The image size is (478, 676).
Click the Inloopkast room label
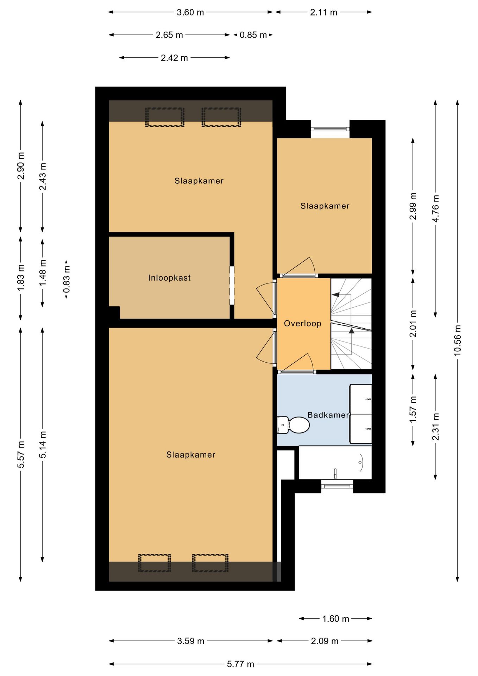pyautogui.click(x=169, y=278)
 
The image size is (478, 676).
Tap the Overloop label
pyautogui.click(x=303, y=324)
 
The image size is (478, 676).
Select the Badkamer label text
pyautogui.click(x=328, y=415)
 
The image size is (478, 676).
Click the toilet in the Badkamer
pyautogui.click(x=293, y=425)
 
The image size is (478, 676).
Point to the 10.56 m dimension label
pyautogui.click(x=457, y=340)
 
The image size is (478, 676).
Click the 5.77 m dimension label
pyautogui.click(x=240, y=664)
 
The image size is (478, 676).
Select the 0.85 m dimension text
pyautogui.click(x=253, y=35)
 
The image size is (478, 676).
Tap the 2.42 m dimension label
pyautogui.click(x=174, y=58)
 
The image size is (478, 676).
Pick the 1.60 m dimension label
pyautogui.click(x=336, y=619)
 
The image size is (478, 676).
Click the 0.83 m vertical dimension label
pyautogui.click(x=67, y=279)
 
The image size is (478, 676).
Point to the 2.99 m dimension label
pyautogui.click(x=413, y=206)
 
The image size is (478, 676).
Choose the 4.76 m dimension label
pyautogui.click(x=435, y=208)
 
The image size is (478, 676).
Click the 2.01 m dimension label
pyautogui.click(x=413, y=324)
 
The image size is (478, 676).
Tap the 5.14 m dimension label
pyautogui.click(x=43, y=445)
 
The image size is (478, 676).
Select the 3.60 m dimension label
pyautogui.click(x=190, y=12)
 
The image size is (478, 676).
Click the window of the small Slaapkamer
pyautogui.click(x=330, y=129)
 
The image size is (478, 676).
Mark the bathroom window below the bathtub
pyautogui.click(x=337, y=486)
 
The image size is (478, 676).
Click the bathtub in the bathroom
pyautogui.click(x=335, y=463)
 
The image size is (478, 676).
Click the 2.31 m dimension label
pyautogui.click(x=435, y=427)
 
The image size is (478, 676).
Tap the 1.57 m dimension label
pyautogui.click(x=413, y=409)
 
